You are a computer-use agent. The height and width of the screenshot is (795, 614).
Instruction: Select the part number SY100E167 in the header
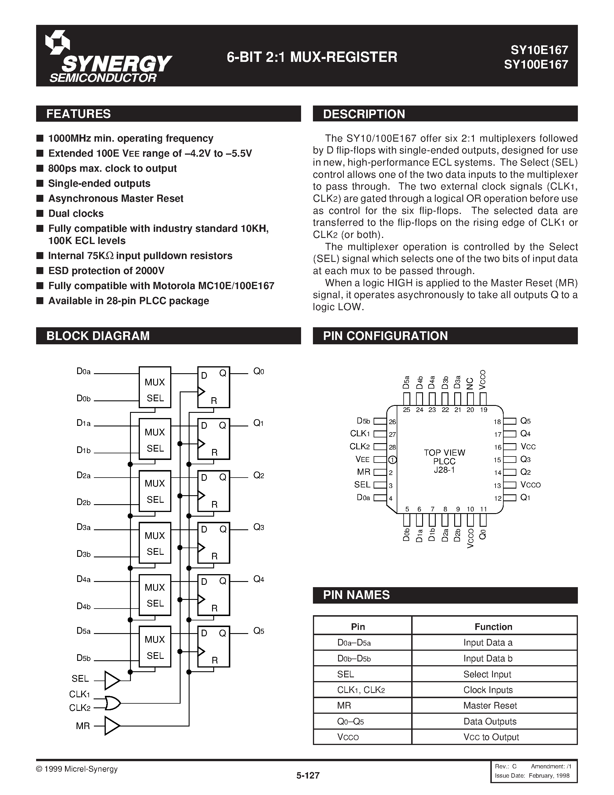(x=536, y=64)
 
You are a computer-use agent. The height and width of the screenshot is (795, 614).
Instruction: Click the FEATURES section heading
(x=79, y=114)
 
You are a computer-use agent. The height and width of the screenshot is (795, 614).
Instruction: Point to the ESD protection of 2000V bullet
(x=106, y=271)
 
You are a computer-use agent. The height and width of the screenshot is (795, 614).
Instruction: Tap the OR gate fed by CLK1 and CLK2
(x=112, y=703)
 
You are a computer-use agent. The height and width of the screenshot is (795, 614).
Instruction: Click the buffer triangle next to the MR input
(x=112, y=726)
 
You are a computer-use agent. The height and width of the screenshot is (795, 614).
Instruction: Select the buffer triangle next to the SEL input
(x=112, y=680)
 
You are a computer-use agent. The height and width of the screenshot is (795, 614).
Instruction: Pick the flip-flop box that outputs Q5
(x=214, y=646)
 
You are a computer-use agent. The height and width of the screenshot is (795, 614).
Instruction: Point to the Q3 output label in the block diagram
(x=259, y=527)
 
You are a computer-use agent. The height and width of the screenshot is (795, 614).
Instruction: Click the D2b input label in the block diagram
(x=83, y=502)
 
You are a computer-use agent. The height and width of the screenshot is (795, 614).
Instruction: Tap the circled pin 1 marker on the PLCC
(x=392, y=460)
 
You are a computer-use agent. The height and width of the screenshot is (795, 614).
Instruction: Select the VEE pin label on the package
(x=362, y=459)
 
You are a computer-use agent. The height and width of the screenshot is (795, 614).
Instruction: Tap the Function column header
(x=493, y=626)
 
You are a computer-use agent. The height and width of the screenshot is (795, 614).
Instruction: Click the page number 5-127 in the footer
(x=308, y=776)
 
